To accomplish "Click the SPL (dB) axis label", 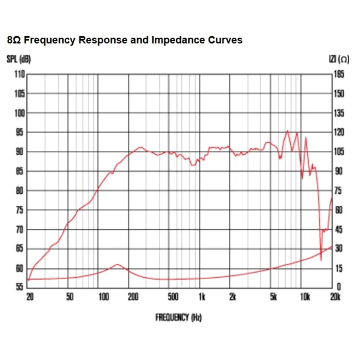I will (19, 59).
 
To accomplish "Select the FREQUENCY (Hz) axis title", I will (178, 318).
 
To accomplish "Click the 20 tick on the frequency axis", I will (30, 297).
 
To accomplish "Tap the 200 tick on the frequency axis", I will (133, 297).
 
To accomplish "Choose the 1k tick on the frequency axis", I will (201, 297).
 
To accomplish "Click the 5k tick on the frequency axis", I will (274, 297).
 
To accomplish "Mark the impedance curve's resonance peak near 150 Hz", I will (117, 264).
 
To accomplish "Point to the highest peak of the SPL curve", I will (287, 131).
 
